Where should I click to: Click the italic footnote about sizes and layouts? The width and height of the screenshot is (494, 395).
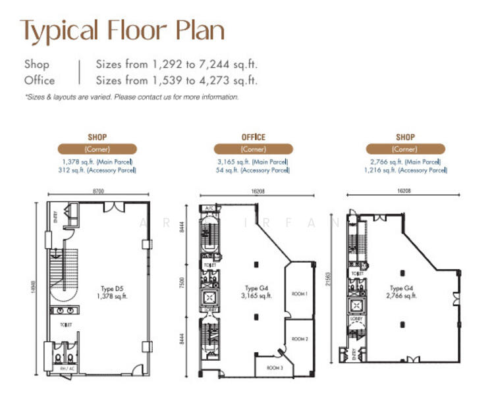[x=132, y=97]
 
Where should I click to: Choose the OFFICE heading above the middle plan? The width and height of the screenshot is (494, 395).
[x=253, y=137]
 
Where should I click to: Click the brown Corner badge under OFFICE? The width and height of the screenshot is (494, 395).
[x=253, y=149]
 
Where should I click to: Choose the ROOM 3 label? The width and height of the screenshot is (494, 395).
[x=275, y=367]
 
